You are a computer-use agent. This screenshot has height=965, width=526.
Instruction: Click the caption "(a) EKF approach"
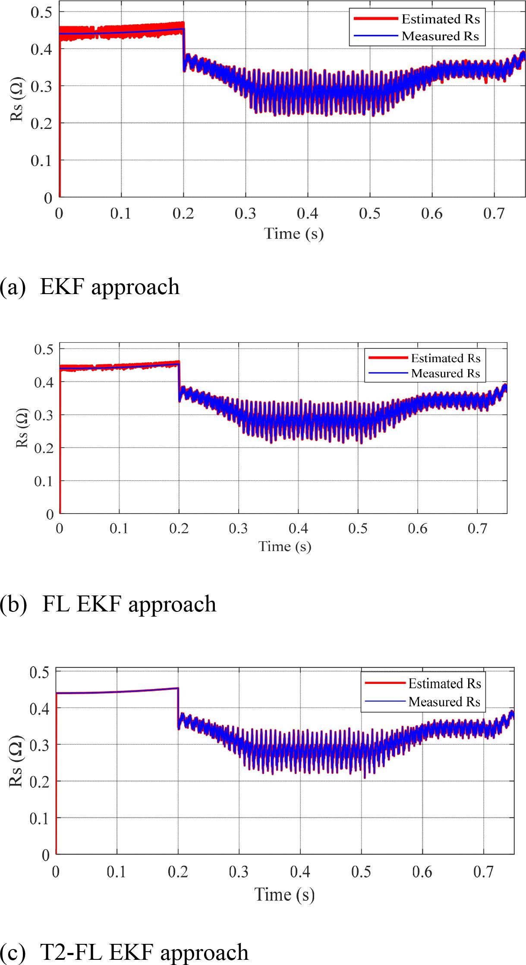90,287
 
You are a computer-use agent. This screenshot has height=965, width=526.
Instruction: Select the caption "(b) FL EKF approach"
108,604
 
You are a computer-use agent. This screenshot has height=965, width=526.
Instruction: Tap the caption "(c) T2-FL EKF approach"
124,952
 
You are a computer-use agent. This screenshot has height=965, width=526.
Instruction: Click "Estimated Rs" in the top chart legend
441,19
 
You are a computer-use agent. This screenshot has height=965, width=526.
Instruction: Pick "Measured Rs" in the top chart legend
440,36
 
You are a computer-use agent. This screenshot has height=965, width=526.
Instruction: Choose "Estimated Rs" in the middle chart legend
445,358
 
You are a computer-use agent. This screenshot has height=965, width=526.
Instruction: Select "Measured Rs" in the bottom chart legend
444,702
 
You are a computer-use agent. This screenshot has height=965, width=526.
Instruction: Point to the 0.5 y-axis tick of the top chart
41,12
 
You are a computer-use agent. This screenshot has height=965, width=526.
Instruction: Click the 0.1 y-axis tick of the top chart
41,161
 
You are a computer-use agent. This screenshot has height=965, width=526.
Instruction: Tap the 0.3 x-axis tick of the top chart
246,213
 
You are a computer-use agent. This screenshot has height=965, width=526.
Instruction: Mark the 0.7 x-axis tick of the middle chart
477,528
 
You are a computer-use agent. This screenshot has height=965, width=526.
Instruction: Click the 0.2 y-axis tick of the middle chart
44,448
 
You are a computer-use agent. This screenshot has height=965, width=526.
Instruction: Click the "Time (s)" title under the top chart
294,234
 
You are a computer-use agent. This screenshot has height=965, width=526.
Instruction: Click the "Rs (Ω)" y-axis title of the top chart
17,99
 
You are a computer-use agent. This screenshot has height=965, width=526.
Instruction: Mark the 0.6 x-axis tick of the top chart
432,213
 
